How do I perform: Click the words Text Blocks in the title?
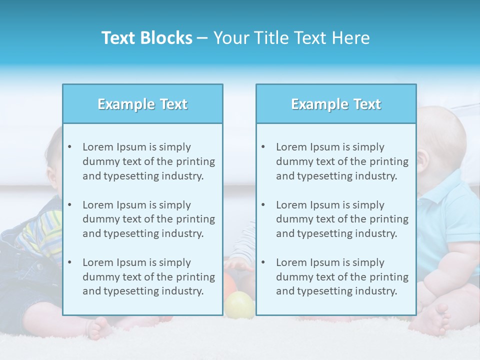146,38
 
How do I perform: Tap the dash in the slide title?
202,38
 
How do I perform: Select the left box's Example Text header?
142,104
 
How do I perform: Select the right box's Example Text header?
336,104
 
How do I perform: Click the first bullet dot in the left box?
69,147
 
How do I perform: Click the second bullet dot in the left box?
69,205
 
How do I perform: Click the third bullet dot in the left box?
69,262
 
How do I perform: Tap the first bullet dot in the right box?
263,147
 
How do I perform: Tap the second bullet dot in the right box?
263,205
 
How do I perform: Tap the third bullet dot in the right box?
263,262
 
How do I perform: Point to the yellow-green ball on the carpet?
239,304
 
